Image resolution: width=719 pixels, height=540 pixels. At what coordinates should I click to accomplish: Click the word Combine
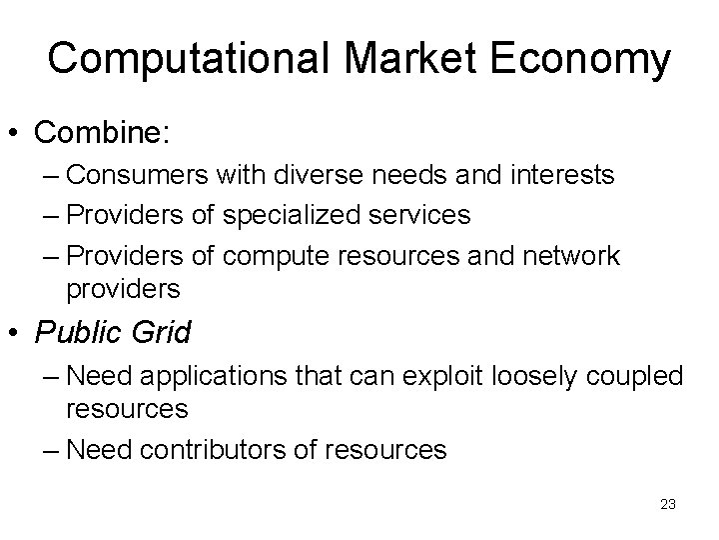(x=93, y=131)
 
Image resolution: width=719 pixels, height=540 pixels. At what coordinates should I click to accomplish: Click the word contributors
(x=231, y=451)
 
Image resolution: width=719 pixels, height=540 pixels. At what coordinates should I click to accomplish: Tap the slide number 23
(x=668, y=504)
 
